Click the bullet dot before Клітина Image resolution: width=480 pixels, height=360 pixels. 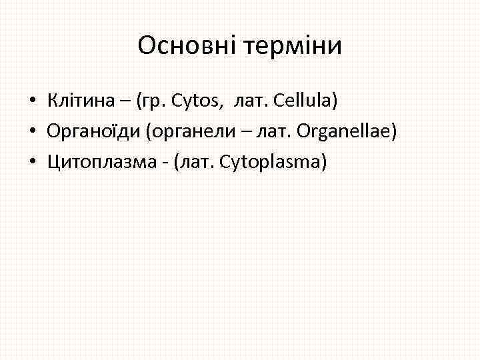pos(32,101)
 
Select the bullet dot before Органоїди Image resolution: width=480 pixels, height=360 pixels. pos(32,132)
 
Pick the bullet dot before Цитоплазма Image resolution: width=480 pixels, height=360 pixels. pos(32,163)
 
